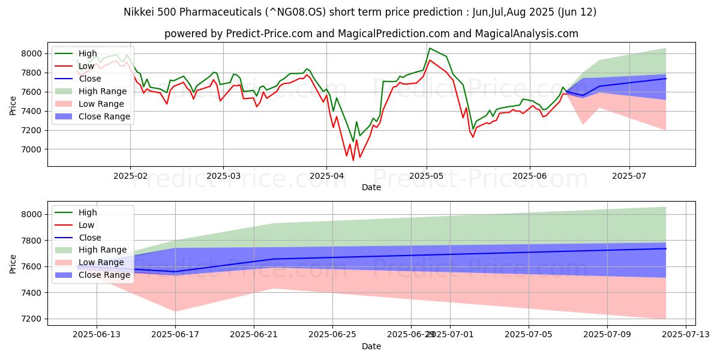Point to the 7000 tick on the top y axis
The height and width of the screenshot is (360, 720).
[33, 149]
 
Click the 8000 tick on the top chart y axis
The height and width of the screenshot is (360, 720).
[33, 53]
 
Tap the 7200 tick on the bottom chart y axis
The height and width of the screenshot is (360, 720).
[33, 319]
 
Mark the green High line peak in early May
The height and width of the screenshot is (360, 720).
[430, 48]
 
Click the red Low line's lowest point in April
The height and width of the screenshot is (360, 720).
[353, 160]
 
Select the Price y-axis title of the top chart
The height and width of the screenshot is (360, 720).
[14, 104]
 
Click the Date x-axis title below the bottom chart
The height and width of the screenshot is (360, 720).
[371, 347]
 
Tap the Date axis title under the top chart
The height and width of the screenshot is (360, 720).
[371, 188]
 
